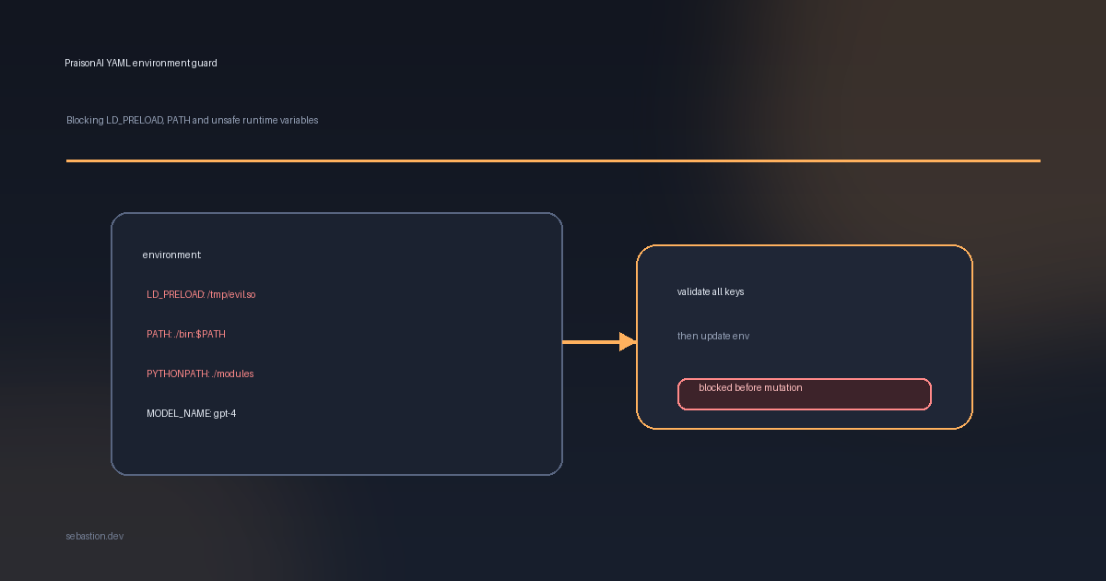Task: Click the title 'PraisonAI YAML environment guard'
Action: [141, 64]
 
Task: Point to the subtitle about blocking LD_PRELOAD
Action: [192, 120]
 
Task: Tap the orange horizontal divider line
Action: [553, 160]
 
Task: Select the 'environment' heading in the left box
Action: [171, 255]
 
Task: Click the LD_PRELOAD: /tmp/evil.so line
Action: [201, 294]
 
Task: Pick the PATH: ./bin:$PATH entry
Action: [186, 334]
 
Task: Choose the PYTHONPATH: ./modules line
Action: [200, 374]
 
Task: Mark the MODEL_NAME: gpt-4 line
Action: [191, 413]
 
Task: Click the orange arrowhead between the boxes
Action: [628, 341]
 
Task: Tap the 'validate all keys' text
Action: [711, 292]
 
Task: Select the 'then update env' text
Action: [713, 336]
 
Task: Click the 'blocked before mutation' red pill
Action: [805, 395]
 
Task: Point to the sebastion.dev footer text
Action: [94, 536]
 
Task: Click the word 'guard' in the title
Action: [205, 64]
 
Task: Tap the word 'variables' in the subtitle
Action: [299, 120]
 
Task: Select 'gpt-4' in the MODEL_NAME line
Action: [225, 414]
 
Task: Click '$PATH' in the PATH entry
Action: [211, 334]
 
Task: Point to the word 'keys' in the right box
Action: [735, 292]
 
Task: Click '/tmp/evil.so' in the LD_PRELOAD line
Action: [231, 294]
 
